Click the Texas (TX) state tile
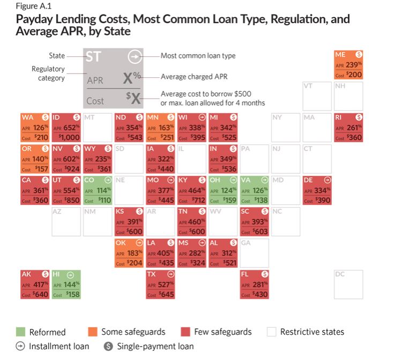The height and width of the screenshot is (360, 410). click(160, 284)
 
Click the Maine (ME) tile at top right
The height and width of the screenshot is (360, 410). click(348, 65)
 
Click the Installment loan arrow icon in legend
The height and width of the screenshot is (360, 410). click(20, 346)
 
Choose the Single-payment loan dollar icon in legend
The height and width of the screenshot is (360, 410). click(108, 346)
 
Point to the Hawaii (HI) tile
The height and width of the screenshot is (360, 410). click(66, 284)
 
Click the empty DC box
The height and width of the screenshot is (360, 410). click(348, 284)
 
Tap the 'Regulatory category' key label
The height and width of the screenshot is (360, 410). click(48, 74)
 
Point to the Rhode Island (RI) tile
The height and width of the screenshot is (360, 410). click(348, 127)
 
